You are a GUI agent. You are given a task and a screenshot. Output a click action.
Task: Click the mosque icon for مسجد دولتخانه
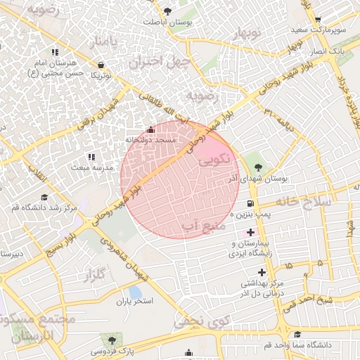coord(150,129)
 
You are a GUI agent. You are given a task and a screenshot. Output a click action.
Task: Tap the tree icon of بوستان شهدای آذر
coord(258,167)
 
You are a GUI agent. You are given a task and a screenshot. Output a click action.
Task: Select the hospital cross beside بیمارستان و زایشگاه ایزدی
coord(251,233)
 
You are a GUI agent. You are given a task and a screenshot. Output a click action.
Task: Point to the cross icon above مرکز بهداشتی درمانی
coord(262,271)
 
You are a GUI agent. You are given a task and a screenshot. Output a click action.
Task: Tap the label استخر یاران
coord(134,301)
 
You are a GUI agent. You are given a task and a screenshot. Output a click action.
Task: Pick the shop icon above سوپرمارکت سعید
coord(318,20)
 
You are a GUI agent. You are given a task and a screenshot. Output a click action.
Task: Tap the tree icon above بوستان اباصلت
coord(167,11)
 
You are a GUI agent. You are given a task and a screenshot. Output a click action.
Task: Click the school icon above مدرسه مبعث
coord(90,157)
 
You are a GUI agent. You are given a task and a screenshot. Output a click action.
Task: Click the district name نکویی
coord(214,160)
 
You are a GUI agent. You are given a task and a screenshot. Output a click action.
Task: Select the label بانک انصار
coord(328,52)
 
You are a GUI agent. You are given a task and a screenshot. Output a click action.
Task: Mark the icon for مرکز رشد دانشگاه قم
coord(44,197)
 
